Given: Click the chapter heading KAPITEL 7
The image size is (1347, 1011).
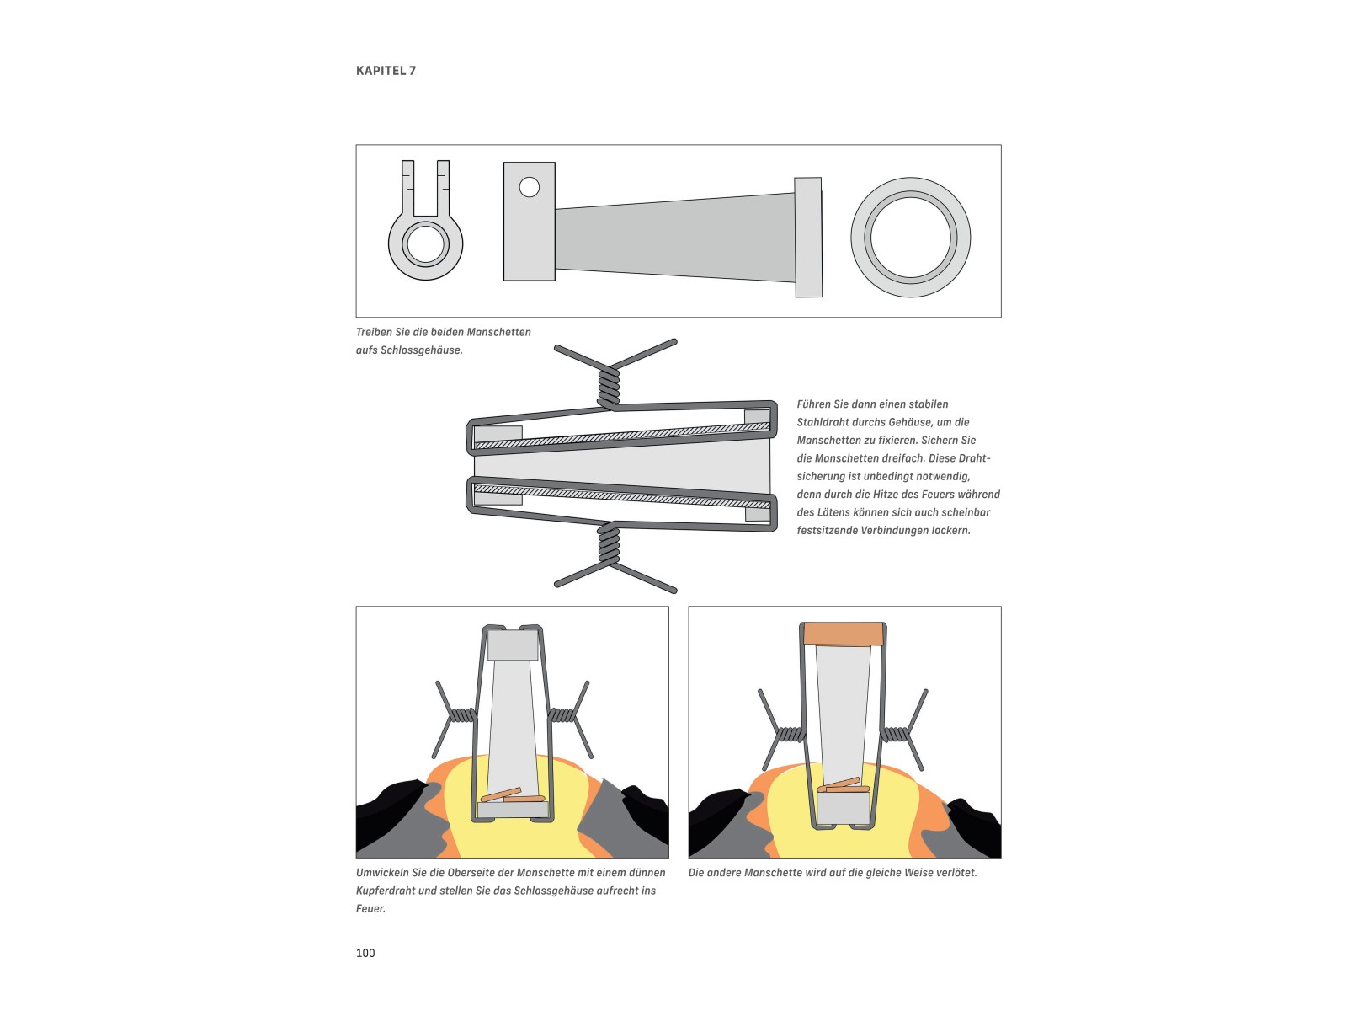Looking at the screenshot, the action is click(x=386, y=71).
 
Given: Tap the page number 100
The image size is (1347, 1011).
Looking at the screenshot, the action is click(x=365, y=953).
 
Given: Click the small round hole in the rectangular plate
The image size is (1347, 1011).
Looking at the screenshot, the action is click(x=529, y=186).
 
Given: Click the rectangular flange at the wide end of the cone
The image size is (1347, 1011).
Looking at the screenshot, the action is click(x=808, y=238).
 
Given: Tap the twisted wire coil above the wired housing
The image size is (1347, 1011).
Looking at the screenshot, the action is click(x=609, y=387).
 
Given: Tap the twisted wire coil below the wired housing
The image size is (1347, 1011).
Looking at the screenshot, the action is click(x=609, y=543).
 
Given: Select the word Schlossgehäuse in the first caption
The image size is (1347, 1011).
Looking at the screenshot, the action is click(x=420, y=350).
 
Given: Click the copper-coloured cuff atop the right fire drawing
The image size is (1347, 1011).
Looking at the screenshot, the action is click(x=844, y=634).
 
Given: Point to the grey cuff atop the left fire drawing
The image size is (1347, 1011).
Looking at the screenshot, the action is click(x=513, y=645).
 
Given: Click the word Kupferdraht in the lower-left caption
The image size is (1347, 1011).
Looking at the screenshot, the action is click(x=386, y=891).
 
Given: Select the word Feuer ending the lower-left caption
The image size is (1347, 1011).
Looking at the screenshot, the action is click(x=370, y=908).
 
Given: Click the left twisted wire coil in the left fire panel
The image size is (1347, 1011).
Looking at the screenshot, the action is click(x=463, y=715).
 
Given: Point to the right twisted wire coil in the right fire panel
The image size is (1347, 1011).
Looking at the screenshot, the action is click(x=894, y=734).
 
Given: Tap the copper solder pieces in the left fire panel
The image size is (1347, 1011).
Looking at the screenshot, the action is click(x=513, y=795).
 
